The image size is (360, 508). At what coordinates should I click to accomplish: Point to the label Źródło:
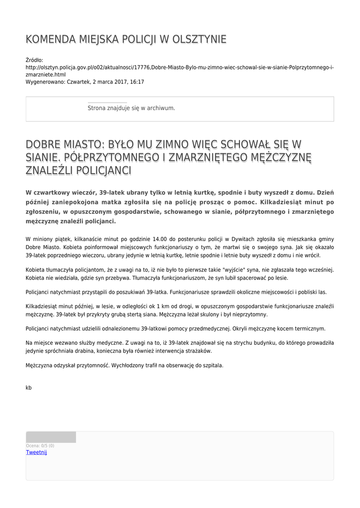pyautogui.click(x=34, y=60)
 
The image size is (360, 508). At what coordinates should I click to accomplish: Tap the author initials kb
pyautogui.click(x=28, y=387)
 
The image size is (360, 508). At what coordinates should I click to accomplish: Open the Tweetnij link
pyautogui.click(x=36, y=452)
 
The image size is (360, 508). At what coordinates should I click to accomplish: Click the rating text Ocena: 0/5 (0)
pyautogui.click(x=40, y=445)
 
